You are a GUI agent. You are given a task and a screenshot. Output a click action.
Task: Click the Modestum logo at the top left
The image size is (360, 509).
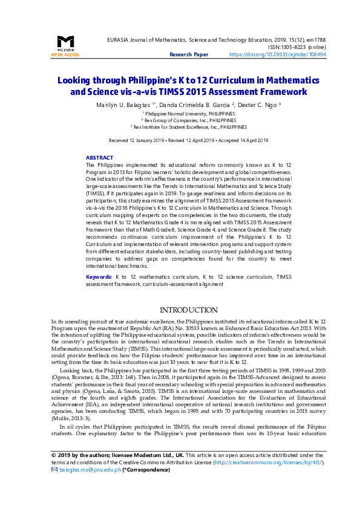[x=65, y=42]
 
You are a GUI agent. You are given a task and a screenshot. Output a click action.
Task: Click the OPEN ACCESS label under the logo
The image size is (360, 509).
[x=65, y=54]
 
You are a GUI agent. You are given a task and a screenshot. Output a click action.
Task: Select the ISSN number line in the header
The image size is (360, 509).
[x=295, y=47]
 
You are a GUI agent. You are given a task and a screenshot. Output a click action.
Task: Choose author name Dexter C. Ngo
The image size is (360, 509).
[x=255, y=105]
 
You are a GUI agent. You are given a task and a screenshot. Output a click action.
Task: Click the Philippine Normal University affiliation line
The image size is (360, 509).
[x=180, y=113]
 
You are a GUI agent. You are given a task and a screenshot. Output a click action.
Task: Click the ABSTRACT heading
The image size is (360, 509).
[x=99, y=157]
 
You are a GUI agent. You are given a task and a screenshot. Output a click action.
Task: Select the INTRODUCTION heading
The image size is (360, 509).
[x=180, y=310]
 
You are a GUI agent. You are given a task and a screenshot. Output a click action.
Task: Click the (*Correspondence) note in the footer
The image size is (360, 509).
[x=146, y=486]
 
